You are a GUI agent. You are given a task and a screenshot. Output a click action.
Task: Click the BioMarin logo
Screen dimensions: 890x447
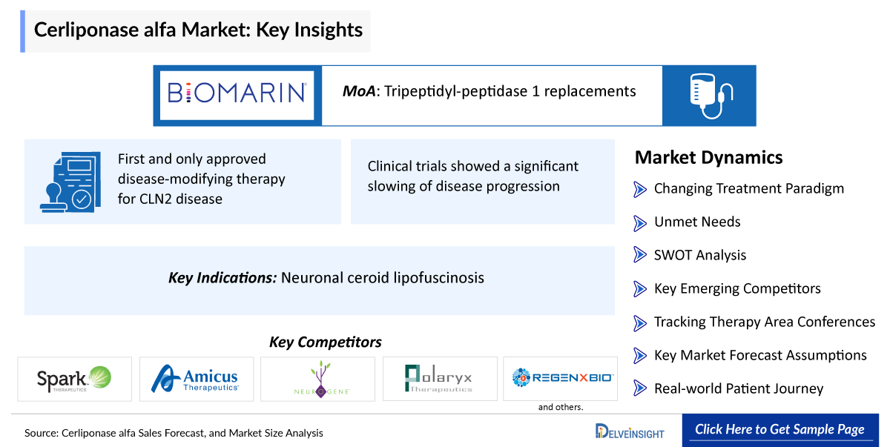[237, 93]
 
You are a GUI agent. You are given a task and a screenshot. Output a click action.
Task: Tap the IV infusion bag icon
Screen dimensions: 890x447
[711, 96]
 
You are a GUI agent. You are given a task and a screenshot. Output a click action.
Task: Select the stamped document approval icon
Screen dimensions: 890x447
[70, 182]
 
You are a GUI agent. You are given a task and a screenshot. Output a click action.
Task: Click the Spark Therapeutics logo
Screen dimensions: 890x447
[74, 379]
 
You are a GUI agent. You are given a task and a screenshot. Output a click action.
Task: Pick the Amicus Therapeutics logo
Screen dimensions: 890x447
[195, 379]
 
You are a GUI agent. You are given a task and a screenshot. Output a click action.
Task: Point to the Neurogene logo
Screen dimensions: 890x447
[321, 379]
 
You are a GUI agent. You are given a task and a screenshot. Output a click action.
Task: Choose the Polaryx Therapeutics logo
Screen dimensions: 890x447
[438, 378]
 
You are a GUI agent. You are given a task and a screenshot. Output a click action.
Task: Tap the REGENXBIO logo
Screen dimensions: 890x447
[563, 377]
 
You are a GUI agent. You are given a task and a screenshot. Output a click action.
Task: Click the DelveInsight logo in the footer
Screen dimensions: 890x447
[630, 431]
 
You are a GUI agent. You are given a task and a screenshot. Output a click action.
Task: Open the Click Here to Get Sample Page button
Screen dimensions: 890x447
[780, 430]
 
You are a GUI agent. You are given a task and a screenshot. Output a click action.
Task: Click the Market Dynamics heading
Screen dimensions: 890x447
[708, 158]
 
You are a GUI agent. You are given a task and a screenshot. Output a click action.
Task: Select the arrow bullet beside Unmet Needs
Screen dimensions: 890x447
[639, 223]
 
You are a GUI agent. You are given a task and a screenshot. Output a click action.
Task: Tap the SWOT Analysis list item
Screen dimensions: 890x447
[700, 255]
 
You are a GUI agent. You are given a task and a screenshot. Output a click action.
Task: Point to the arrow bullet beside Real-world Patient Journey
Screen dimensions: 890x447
[639, 388]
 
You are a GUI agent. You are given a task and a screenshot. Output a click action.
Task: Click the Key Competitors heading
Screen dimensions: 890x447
[326, 342]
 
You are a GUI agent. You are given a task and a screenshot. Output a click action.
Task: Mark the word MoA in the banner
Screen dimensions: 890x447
[359, 91]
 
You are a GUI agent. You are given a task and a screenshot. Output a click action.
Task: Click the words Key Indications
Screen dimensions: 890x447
[222, 278]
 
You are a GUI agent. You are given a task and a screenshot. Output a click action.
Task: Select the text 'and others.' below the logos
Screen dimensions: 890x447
[561, 407]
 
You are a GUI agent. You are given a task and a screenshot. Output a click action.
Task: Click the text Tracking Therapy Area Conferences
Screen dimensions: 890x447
[765, 322]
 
